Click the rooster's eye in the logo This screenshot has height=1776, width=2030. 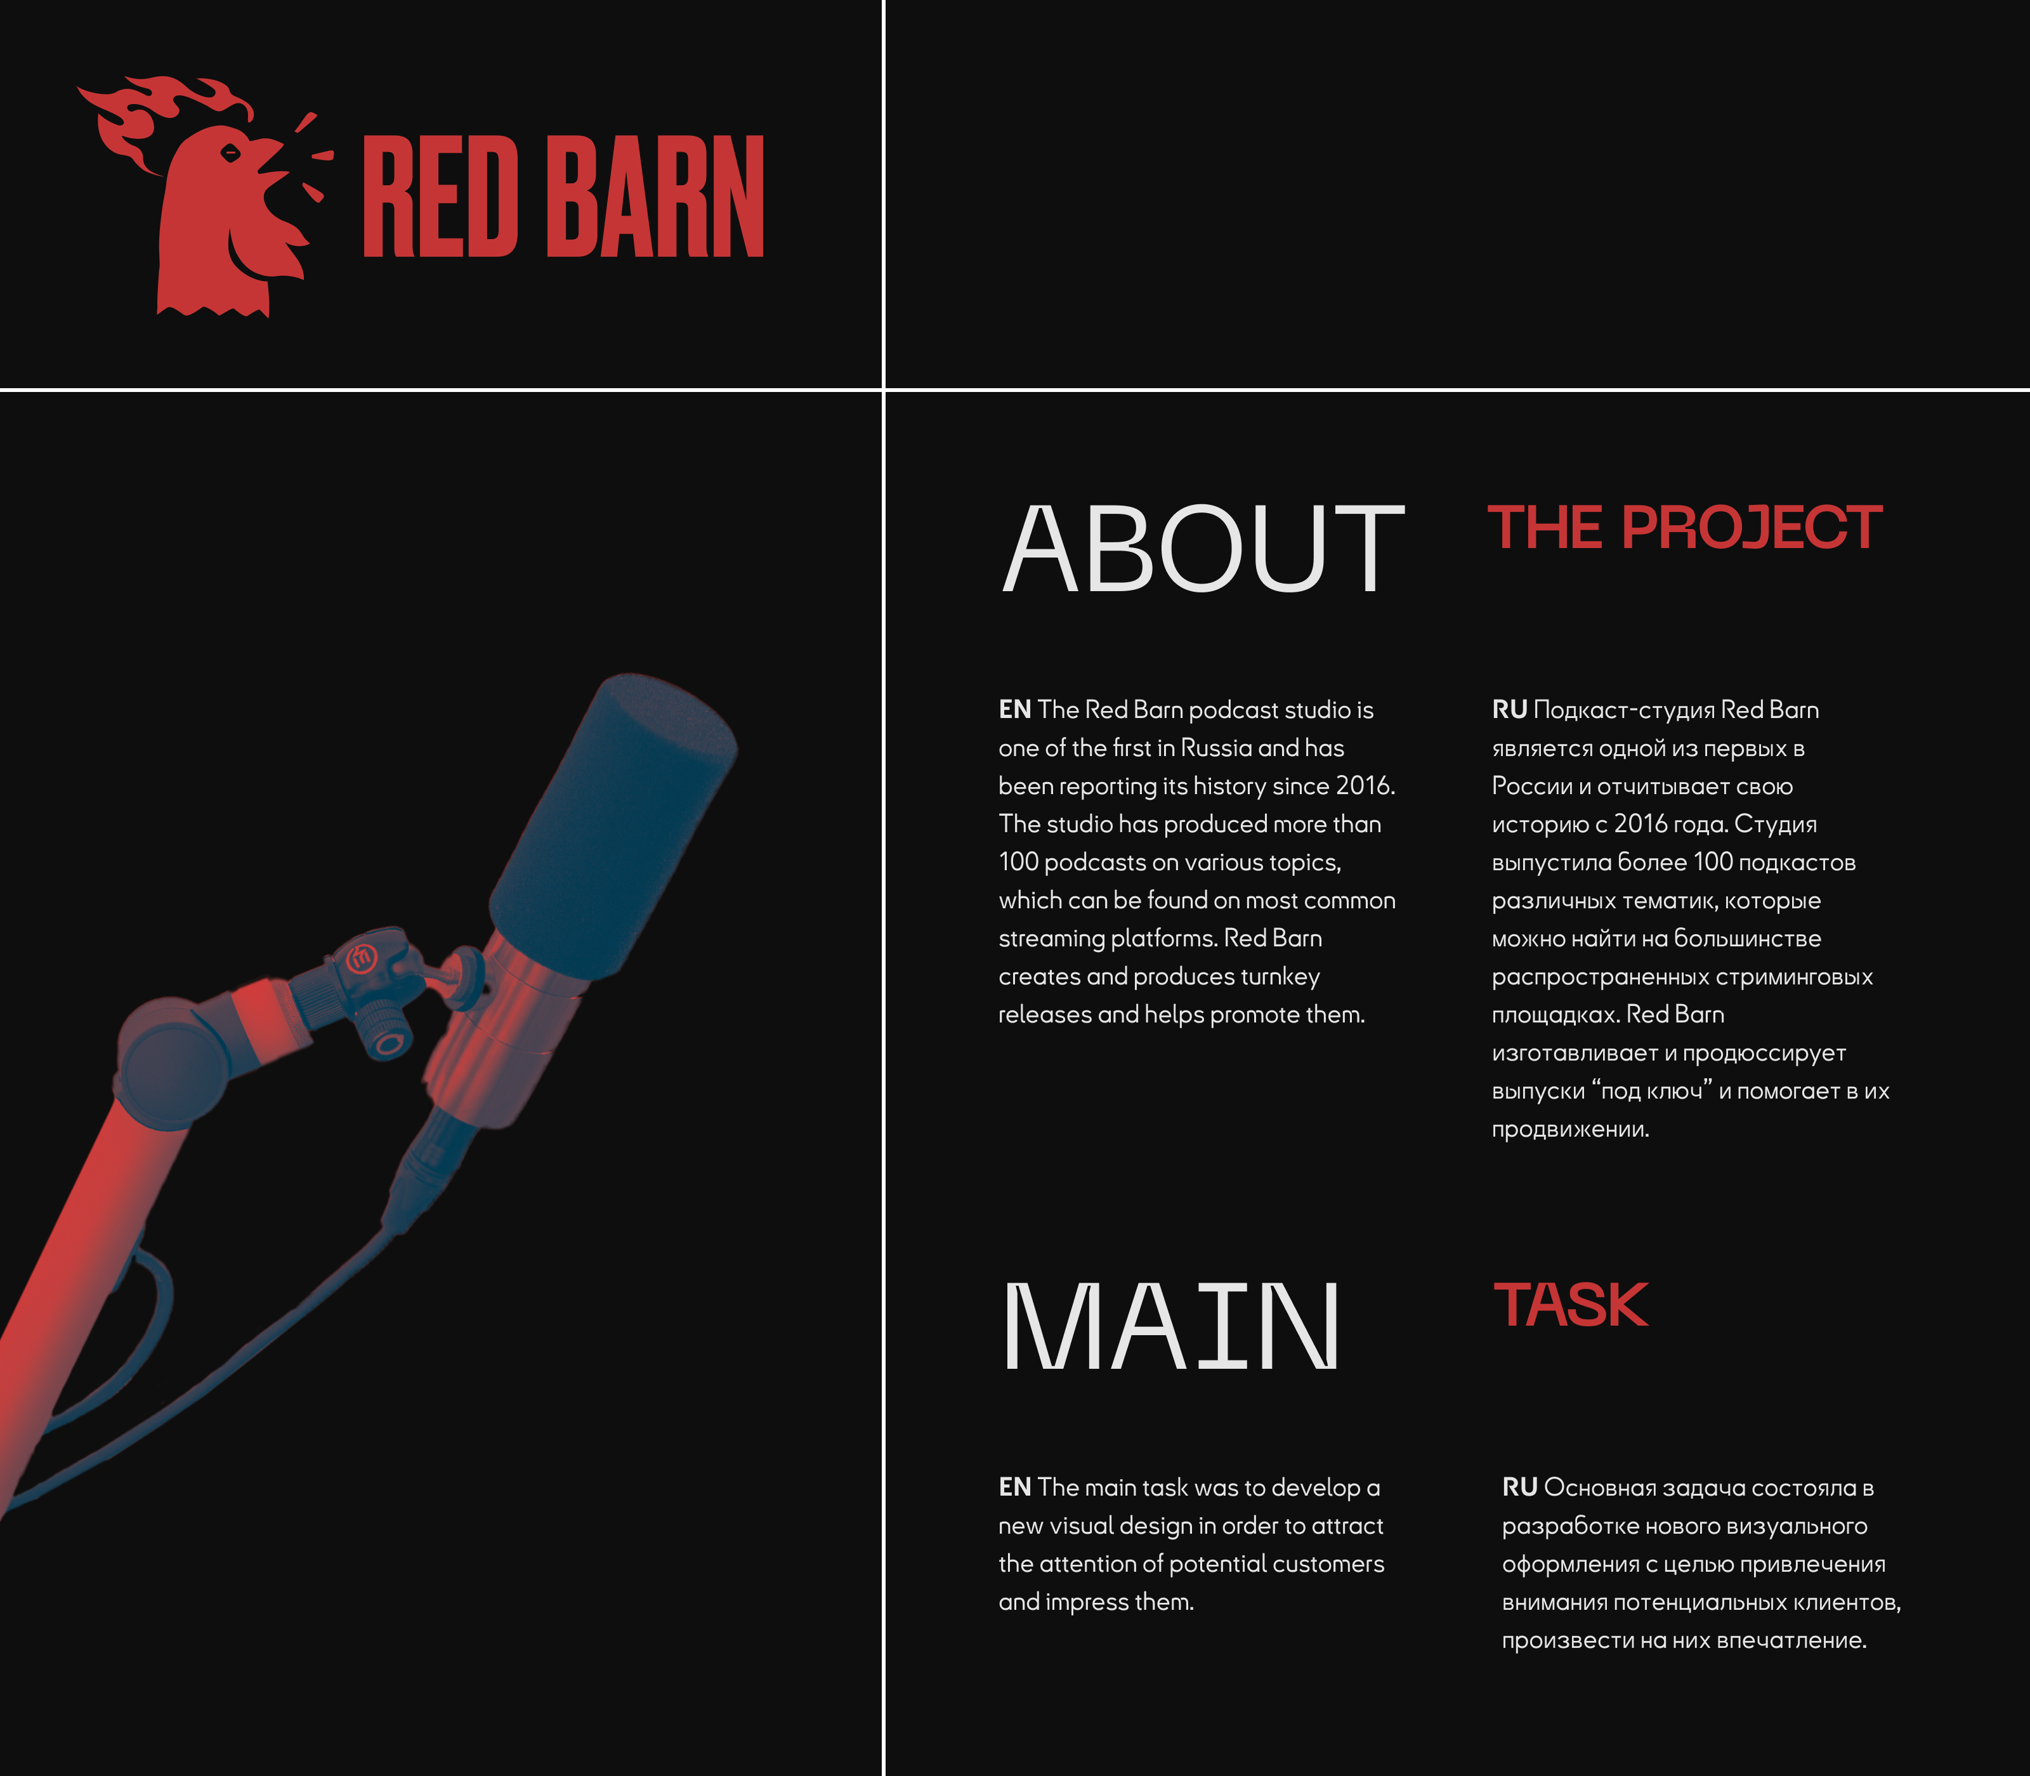[230, 153]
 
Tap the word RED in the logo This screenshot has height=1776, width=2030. [440, 196]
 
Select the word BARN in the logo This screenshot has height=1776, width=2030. [655, 196]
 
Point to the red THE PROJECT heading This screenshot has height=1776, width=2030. [1684, 526]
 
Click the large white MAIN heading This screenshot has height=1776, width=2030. [1170, 1326]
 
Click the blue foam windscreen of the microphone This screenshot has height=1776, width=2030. [613, 828]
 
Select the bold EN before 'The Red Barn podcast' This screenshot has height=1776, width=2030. [1015, 710]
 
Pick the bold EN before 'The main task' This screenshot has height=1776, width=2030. [1015, 1487]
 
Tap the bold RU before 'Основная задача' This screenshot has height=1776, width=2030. [1519, 1487]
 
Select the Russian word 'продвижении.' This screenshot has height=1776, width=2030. [1570, 1130]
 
